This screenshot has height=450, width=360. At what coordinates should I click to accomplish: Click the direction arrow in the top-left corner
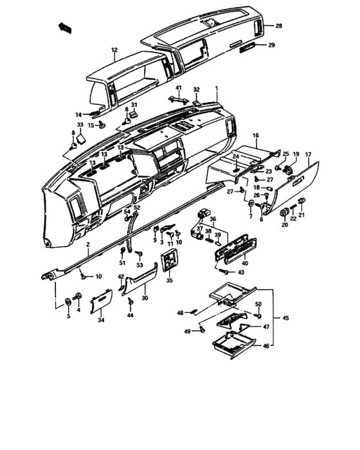point(64,26)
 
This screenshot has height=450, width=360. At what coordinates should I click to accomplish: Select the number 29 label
point(271,45)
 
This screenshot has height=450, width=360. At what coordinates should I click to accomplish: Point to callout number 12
point(114,50)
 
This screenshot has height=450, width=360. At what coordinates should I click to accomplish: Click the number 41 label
point(179,87)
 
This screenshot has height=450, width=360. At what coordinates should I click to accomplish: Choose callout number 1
point(217,87)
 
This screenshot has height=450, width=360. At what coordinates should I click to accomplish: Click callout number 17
point(308,154)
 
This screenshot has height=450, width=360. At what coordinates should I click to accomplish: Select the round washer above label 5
point(68,302)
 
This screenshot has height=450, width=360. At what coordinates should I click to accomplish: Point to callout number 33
point(80,124)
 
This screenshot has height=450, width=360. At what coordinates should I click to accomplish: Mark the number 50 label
point(258,304)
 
